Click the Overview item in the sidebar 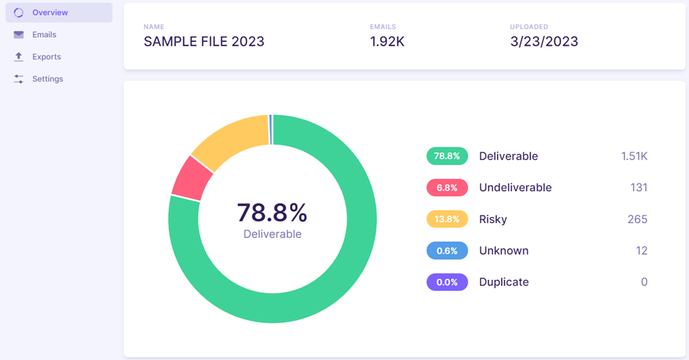pyautogui.click(x=59, y=13)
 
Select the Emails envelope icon pyautogui.click(x=18, y=35)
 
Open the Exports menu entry pyautogui.click(x=46, y=57)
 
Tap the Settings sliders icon pyautogui.click(x=18, y=79)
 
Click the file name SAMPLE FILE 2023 pyautogui.click(x=204, y=41)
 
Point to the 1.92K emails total pyautogui.click(x=387, y=41)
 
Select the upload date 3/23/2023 pyautogui.click(x=544, y=41)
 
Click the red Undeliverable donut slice pyautogui.click(x=191, y=178)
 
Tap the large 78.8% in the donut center pyautogui.click(x=272, y=213)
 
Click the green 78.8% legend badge pyautogui.click(x=447, y=156)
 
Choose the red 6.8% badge pyautogui.click(x=447, y=188)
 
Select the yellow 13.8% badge pyautogui.click(x=447, y=219)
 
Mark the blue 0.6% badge pyautogui.click(x=447, y=250)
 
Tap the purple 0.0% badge pyautogui.click(x=447, y=282)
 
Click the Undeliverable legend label pyautogui.click(x=515, y=188)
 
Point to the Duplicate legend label pyautogui.click(x=504, y=282)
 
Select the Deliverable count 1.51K pyautogui.click(x=634, y=156)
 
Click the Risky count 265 pyautogui.click(x=637, y=219)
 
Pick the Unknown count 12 pyautogui.click(x=642, y=250)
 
